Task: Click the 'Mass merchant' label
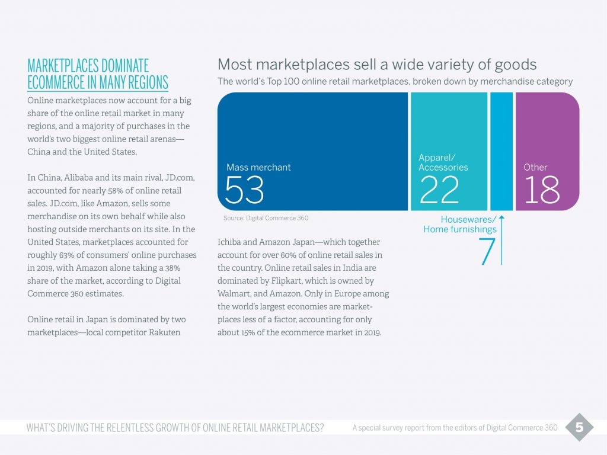[258, 168]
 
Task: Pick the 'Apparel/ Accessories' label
[443, 162]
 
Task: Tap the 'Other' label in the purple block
[535, 168]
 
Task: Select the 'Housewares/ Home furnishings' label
[460, 225]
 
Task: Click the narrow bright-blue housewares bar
[501, 151]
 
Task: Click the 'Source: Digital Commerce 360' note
[266, 218]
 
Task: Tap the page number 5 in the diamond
[579, 427]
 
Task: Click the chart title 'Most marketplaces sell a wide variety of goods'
[377, 64]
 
